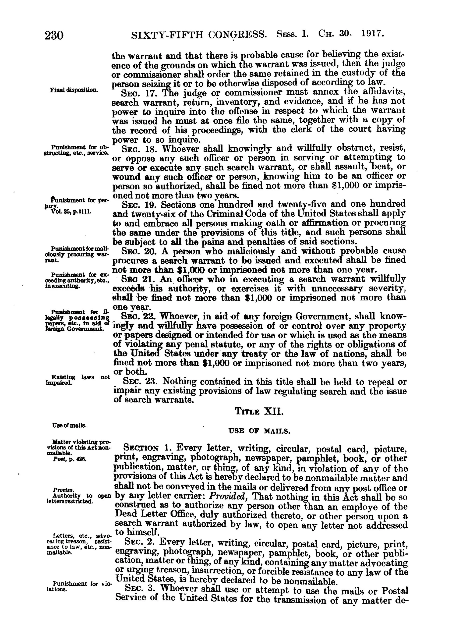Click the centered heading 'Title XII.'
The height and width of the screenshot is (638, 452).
[x=259, y=411]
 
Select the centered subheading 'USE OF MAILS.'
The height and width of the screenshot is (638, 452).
[x=259, y=431]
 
